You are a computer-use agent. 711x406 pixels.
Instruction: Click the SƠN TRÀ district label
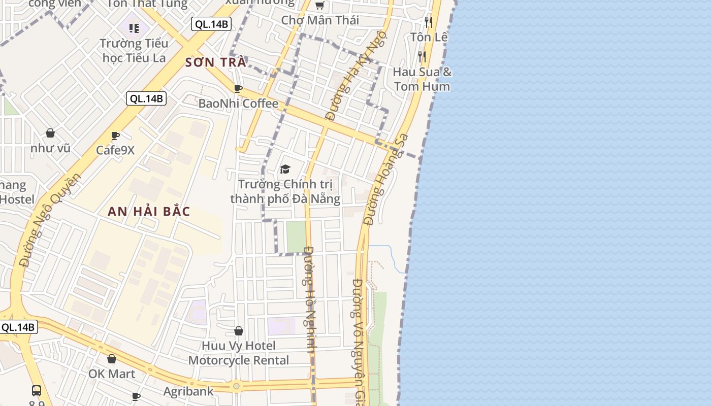coord(216,62)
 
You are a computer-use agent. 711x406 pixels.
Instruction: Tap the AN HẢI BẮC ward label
coord(149,212)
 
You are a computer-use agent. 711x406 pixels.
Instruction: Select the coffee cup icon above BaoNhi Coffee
coord(238,89)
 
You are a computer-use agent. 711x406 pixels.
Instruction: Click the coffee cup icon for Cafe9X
coord(115,136)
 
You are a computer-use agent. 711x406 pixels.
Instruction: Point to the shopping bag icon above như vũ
coord(50,133)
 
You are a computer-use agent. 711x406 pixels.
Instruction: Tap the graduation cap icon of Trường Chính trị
coord(285,169)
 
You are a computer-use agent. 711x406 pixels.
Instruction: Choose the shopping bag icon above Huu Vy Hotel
coord(238,331)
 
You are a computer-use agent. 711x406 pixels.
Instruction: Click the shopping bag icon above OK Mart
coord(112,359)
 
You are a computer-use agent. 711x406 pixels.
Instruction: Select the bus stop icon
coord(37,390)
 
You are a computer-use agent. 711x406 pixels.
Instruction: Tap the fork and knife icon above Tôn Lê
coord(429,22)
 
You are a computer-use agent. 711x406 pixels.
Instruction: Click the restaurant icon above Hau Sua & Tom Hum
coord(422,56)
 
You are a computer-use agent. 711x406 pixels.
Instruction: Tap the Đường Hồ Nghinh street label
coord(310,299)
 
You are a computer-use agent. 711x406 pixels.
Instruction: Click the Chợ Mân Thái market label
coord(320,20)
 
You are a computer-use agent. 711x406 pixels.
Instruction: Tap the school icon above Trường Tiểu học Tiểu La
coord(134,28)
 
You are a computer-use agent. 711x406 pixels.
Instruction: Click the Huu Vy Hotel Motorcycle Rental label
coord(239,353)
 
